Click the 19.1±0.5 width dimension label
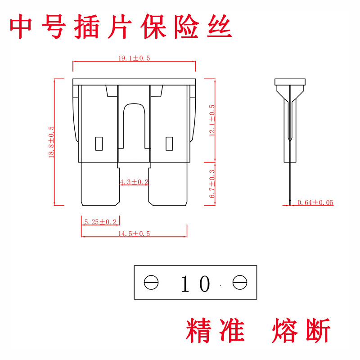(134, 58)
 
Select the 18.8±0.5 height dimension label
(51, 142)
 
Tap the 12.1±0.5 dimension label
(212, 120)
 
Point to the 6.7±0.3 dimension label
(212, 184)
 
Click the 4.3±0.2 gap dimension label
(134, 182)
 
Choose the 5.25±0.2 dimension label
(100, 222)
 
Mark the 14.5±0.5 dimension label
(134, 234)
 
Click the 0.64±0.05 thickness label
(315, 202)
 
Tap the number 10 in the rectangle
(196, 283)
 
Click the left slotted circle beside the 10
(151, 282)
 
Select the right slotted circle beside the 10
(240, 282)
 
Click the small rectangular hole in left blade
(99, 144)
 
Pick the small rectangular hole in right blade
(169, 144)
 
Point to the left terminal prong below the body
(100, 184)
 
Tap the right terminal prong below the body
(168, 184)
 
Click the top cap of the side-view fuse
(290, 82)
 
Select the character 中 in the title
(20, 26)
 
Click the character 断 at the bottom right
(318, 330)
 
